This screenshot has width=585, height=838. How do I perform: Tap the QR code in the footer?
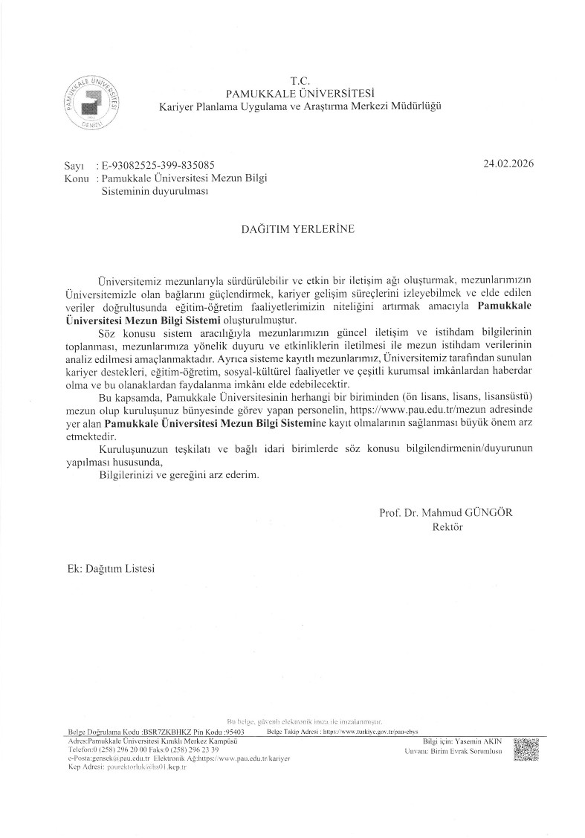point(526,750)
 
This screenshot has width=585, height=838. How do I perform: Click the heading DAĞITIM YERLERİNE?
point(292,230)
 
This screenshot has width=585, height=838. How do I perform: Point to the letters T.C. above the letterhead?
point(300,80)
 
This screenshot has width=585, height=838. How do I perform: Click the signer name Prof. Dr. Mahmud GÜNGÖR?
point(446,513)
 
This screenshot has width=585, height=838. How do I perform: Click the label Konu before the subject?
point(77,178)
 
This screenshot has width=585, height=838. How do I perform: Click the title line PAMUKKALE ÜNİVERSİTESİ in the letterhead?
point(300,93)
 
